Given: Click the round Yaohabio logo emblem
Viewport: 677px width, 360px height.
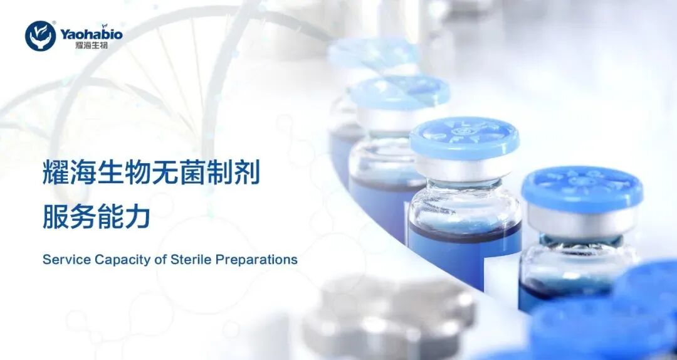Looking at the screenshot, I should (40, 36).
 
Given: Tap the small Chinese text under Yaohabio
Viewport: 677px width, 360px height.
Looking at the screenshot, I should (81, 45).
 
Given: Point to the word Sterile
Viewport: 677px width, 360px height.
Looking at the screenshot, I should (191, 259).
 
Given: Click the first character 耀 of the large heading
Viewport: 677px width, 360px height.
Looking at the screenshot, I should (56, 173).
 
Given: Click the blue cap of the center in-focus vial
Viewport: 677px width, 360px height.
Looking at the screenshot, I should (464, 136).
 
